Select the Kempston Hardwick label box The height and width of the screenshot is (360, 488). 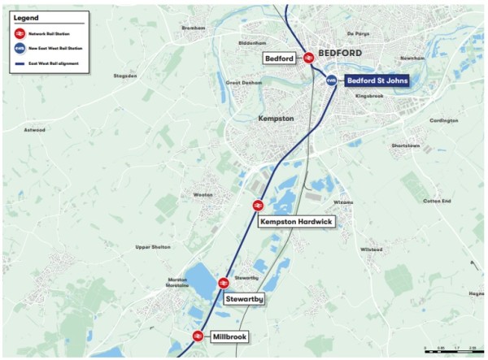coord(296,221)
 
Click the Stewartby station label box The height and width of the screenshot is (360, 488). coord(244,299)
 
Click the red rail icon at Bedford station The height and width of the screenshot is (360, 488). coord(309,58)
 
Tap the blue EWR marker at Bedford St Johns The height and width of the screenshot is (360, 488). coord(331,80)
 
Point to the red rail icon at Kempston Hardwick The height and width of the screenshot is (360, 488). coord(258,206)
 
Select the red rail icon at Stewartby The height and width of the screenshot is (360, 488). coord(223,283)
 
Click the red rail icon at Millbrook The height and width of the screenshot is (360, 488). coord(197,336)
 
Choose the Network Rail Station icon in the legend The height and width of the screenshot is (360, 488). coord(19,34)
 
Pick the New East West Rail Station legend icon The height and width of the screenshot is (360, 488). coord(19,49)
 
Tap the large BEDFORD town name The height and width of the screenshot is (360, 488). coord(339,53)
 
